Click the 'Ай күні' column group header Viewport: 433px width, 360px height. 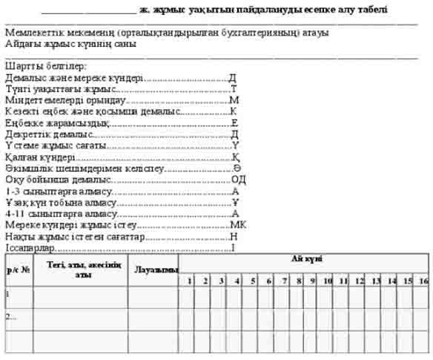pyautogui.click(x=305, y=258)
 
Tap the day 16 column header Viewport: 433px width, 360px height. pyautogui.click(x=423, y=281)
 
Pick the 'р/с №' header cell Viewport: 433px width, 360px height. pyautogui.click(x=19, y=269)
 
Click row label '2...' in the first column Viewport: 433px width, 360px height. pyautogui.click(x=10, y=318)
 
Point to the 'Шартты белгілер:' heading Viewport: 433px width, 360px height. pyautogui.click(x=38, y=67)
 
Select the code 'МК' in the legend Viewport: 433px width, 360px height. pyautogui.click(x=238, y=224)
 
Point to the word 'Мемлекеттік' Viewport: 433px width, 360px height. pyautogui.click(x=33, y=33)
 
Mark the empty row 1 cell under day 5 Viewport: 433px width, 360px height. pyautogui.click(x=253, y=297)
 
